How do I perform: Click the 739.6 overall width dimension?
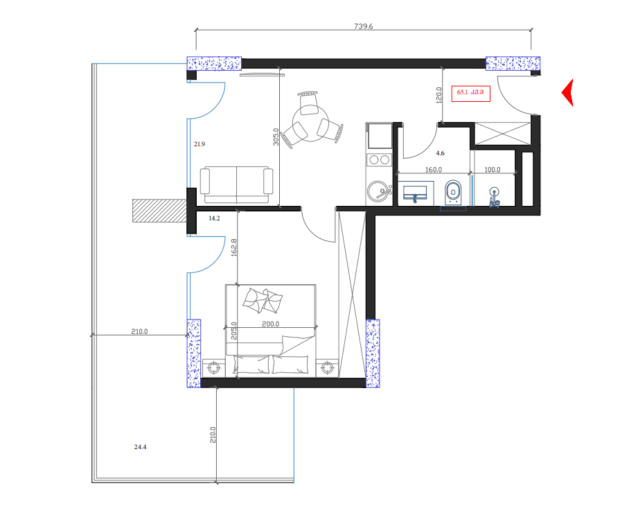click(364, 26)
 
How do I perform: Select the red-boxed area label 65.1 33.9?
click(471, 92)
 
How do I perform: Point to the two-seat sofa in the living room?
click(236, 184)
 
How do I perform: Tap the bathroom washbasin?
click(416, 192)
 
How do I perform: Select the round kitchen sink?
click(378, 191)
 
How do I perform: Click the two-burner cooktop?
click(379, 159)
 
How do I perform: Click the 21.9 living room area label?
click(200, 144)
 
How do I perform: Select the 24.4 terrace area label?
click(140, 448)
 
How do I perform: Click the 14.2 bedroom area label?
click(214, 218)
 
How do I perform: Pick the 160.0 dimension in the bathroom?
click(433, 170)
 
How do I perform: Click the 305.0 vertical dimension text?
click(276, 139)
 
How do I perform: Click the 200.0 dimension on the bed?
click(270, 324)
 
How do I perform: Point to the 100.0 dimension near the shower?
click(492, 170)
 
